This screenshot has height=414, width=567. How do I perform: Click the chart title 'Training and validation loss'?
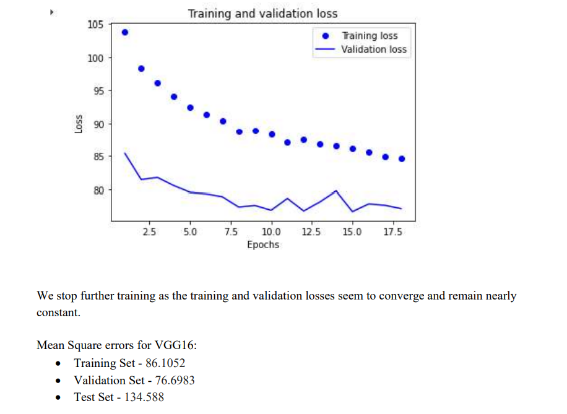262,13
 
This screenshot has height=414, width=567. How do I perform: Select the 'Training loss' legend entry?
370,36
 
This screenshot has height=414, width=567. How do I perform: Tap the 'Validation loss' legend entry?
374,50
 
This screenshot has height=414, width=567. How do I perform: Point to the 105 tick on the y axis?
95,25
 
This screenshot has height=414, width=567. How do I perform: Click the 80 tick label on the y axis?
97,190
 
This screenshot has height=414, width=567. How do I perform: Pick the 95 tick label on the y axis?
97,91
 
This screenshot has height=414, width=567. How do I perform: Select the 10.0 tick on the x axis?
271,232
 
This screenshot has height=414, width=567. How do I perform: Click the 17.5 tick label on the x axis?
392,232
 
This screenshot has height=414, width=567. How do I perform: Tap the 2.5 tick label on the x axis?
149,232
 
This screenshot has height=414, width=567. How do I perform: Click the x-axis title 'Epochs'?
263,244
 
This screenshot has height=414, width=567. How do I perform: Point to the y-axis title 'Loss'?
79,124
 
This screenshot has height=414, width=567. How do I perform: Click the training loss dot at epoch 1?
125,32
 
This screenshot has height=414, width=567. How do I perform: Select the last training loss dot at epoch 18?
401,158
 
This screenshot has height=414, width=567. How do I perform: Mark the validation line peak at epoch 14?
336,191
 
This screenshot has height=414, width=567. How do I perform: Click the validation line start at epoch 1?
125,153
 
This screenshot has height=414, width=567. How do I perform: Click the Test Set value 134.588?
144,397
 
